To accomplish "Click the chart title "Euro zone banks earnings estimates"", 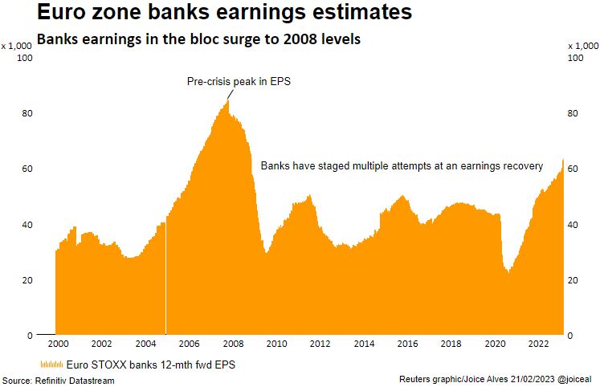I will coord(211,13).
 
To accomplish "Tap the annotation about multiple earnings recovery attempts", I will coord(402,166).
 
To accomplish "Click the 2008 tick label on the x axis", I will coord(232,344).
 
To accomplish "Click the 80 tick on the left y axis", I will coord(27,113).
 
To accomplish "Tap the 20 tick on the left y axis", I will coord(27,279).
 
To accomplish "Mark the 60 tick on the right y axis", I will coord(573,169).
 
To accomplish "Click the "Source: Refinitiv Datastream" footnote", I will coord(58,380).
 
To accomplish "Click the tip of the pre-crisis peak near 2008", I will coord(228,100).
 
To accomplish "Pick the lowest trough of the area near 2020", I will coord(508,272).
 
